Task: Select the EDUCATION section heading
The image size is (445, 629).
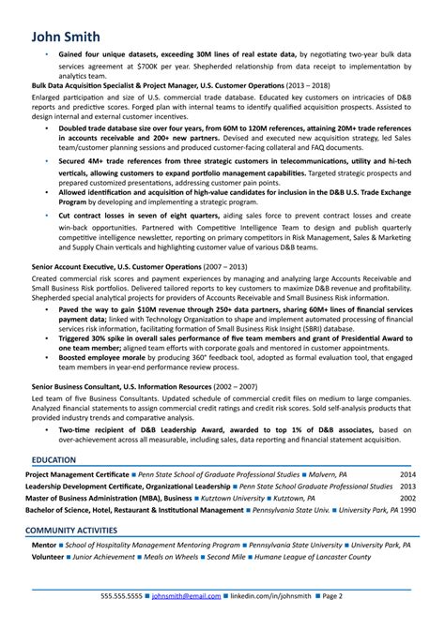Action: pos(55,460)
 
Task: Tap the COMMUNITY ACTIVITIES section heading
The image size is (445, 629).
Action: pos(78,530)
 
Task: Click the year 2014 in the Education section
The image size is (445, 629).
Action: pos(408,475)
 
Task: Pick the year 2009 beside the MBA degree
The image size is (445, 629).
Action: pos(408,499)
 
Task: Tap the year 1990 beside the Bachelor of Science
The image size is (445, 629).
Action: pos(408,510)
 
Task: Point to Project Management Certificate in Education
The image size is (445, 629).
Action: pos(77,475)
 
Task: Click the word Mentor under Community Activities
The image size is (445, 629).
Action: pos(43,545)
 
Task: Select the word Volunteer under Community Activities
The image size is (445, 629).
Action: pos(48,556)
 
